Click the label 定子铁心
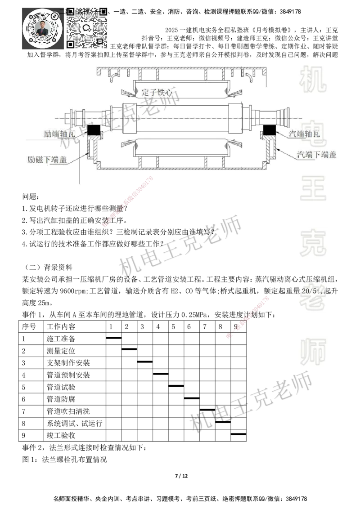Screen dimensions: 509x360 click(x=157, y=92)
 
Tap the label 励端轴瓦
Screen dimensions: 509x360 click(x=57, y=134)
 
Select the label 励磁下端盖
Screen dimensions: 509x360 click(x=48, y=159)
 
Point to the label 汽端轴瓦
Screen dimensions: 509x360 click(x=304, y=134)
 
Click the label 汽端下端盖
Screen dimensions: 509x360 click(x=316, y=155)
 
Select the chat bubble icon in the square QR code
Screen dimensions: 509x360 click(x=87, y=28)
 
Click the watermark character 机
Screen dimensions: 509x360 click(x=313, y=79)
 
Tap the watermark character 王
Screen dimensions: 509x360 click(x=313, y=189)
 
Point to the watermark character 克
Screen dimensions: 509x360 click(x=313, y=243)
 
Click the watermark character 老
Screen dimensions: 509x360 click(x=313, y=299)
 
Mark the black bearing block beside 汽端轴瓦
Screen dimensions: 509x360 click(x=270, y=130)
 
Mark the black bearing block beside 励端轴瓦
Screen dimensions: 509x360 click(x=94, y=130)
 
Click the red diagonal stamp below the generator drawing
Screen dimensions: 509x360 click(x=128, y=201)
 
